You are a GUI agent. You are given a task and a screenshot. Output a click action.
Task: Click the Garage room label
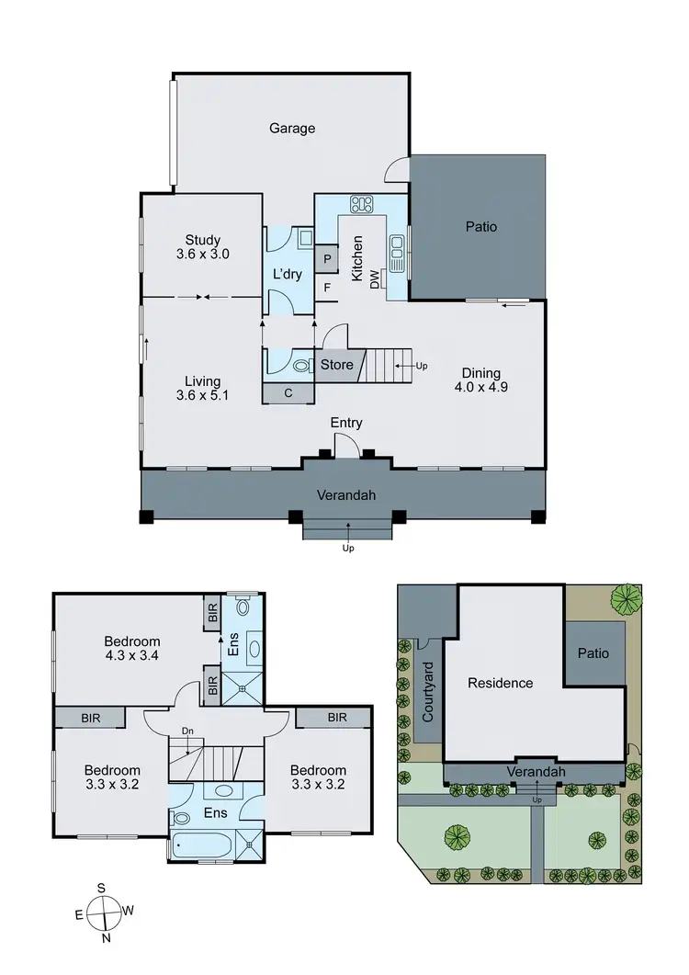pos(292,129)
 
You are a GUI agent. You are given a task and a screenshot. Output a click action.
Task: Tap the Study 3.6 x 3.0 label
pos(201,248)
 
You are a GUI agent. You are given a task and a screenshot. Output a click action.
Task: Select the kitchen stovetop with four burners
pos(360,204)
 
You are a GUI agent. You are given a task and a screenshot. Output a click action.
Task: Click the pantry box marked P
pos(326,260)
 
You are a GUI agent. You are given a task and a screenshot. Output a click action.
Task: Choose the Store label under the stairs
pos(336,365)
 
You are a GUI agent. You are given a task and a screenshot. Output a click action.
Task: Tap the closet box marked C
pos(288,393)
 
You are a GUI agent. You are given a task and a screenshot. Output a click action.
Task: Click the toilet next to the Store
pos(300,365)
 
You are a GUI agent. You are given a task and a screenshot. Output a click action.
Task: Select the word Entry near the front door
pos(347,423)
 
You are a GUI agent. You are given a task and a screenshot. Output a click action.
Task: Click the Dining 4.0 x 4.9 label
pos(480,380)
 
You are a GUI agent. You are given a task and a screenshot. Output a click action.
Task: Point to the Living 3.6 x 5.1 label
pos(201,388)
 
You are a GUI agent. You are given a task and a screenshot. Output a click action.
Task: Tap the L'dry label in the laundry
pos(288,274)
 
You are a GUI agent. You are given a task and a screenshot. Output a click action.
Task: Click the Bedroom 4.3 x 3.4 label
pos(131,649)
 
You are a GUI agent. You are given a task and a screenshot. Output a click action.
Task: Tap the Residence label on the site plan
pos(500,683)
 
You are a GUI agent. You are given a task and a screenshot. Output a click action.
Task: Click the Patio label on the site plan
pos(593,653)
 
